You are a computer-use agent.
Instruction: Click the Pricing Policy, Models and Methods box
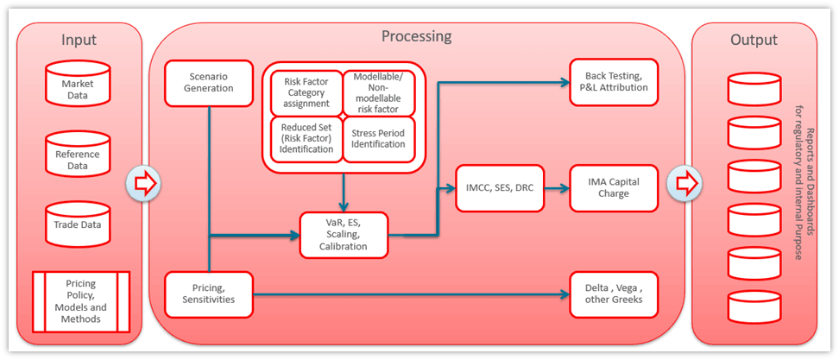[x=80, y=301]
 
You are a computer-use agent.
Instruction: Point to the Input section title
[x=79, y=40]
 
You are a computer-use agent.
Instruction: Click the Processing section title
[x=416, y=36]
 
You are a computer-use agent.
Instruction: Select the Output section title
[x=754, y=40]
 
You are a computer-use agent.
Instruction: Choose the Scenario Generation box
[x=210, y=82]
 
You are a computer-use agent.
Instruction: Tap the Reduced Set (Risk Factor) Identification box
[x=306, y=138]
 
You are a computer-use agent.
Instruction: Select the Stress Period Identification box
[x=378, y=138]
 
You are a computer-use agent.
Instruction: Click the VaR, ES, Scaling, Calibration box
[x=343, y=233]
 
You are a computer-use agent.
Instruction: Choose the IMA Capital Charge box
[x=614, y=188]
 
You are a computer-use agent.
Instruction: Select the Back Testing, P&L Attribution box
[x=614, y=82]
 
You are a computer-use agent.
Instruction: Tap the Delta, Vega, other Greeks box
[x=614, y=294]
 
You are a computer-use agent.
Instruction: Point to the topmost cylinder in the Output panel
[x=753, y=88]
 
